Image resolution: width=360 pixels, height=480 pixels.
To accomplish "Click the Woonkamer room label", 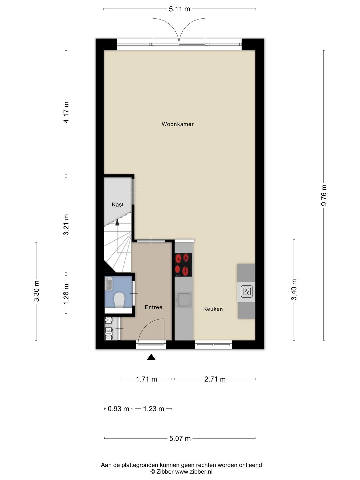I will pyautogui.click(x=177, y=124).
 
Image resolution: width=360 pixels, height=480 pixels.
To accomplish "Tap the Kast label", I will pyautogui.click(x=117, y=204).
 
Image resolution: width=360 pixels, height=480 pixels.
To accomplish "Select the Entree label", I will pyautogui.click(x=153, y=307).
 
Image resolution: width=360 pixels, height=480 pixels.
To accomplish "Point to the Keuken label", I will pyautogui.click(x=213, y=309).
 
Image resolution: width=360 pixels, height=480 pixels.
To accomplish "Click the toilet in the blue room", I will pyautogui.click(x=119, y=300).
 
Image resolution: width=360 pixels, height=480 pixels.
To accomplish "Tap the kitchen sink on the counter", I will pyautogui.click(x=183, y=299).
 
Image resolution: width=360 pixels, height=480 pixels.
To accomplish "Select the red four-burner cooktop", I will pyautogui.click(x=183, y=265).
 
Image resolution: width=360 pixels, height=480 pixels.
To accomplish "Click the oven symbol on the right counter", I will pyautogui.click(x=246, y=292).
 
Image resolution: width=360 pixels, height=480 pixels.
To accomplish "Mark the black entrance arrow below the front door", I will pyautogui.click(x=151, y=357).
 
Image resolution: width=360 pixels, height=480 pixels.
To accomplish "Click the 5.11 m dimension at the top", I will pyautogui.click(x=179, y=9).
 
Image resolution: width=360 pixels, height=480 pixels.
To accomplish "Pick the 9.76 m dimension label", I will pyautogui.click(x=324, y=195).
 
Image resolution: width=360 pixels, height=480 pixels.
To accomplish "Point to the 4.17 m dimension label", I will pyautogui.click(x=66, y=112).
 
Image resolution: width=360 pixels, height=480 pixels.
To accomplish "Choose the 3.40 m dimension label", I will pyautogui.click(x=294, y=289).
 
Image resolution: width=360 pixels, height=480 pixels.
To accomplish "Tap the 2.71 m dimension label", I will pyautogui.click(x=215, y=379).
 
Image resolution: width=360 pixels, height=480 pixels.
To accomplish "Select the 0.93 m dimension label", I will pyautogui.click(x=118, y=409).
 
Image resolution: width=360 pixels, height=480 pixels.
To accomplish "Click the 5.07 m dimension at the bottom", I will pyautogui.click(x=180, y=438).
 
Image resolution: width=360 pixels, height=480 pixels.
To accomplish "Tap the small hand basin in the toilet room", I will pyautogui.click(x=109, y=284).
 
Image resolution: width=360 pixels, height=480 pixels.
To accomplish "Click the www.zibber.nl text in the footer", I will pyautogui.click(x=194, y=472).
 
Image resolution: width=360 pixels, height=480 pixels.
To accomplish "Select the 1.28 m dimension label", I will pyautogui.click(x=66, y=293).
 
